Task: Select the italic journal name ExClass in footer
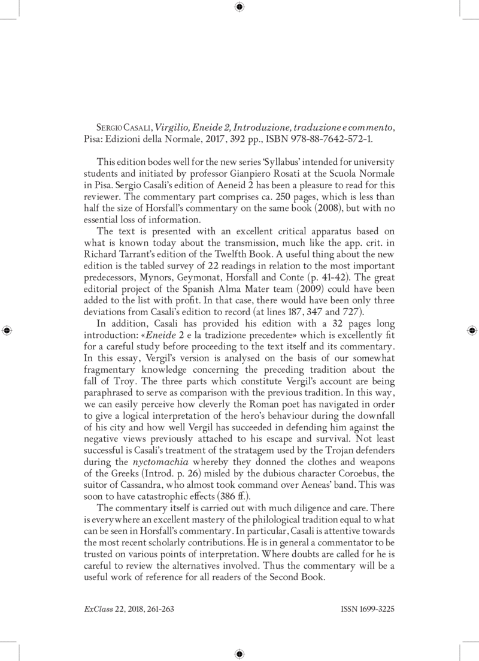(95, 607)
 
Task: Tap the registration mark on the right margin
(472, 330)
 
